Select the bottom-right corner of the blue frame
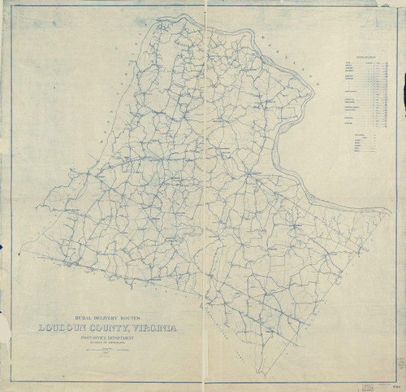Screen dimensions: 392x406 pyautogui.click(x=398, y=379)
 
